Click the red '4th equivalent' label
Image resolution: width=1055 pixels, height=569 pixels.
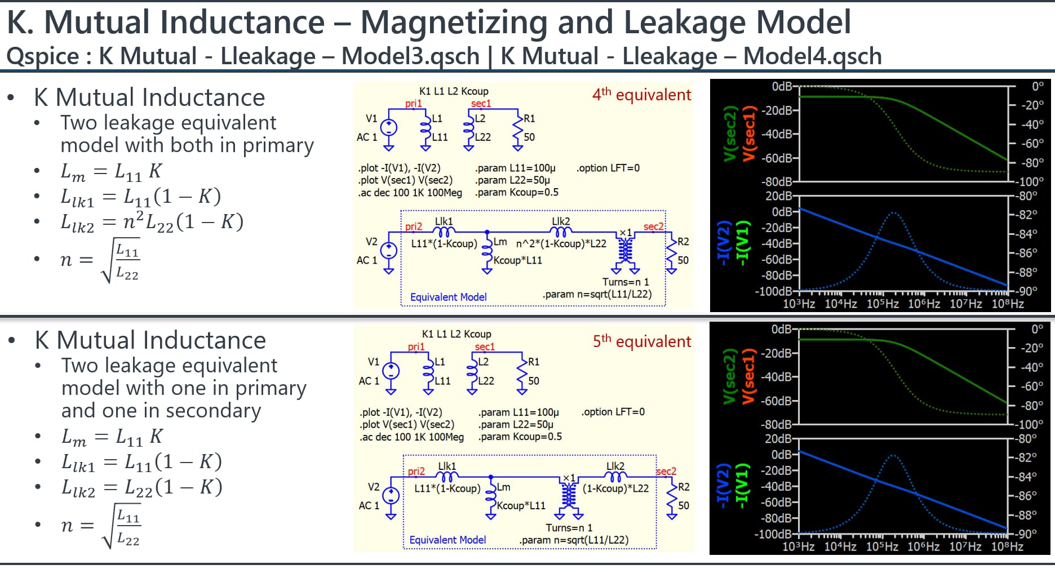(x=641, y=94)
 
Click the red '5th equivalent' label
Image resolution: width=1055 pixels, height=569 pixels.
(x=641, y=341)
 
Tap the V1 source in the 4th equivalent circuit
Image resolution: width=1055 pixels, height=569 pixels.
(x=388, y=127)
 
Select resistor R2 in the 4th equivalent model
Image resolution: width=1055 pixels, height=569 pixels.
(x=671, y=251)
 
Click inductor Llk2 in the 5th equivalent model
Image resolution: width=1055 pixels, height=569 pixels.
(x=615, y=477)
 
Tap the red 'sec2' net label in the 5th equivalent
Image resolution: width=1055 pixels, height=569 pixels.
(x=666, y=471)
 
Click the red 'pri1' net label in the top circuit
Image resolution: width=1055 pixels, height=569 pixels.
(x=413, y=103)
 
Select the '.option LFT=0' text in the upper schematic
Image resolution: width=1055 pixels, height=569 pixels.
(x=608, y=168)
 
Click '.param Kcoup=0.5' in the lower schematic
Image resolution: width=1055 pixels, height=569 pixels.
(x=520, y=437)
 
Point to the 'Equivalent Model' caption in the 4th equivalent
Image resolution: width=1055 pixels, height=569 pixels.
(x=448, y=297)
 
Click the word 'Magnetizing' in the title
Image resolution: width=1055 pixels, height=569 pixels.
(x=454, y=23)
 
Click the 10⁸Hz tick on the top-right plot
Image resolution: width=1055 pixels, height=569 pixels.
(x=1007, y=304)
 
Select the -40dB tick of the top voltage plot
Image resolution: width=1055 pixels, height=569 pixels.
(x=778, y=134)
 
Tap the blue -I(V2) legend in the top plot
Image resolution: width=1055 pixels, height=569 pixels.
(x=722, y=243)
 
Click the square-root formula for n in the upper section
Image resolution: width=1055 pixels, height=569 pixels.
(x=101, y=260)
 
